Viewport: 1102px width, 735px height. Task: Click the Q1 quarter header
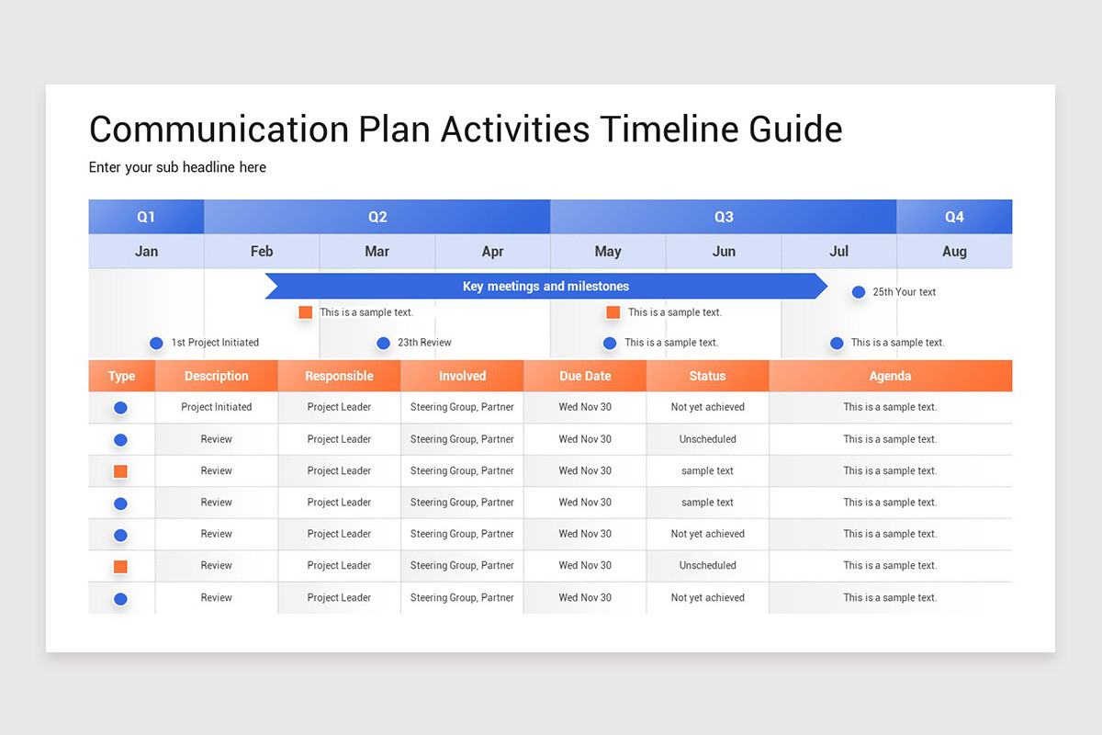point(146,217)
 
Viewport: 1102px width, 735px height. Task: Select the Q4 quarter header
point(954,217)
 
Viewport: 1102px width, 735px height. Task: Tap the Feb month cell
point(262,251)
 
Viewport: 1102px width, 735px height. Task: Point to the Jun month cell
point(724,251)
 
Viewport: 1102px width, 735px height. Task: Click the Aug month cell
point(954,251)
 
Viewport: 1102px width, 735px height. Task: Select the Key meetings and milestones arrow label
point(545,286)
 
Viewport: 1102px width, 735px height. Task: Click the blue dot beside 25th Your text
point(859,292)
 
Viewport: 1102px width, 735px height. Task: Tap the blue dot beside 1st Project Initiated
point(156,343)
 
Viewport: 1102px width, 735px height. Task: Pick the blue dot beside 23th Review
point(383,343)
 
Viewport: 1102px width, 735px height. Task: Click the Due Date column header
point(585,376)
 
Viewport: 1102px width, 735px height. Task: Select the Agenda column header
point(890,376)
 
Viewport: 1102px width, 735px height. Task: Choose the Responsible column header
point(339,376)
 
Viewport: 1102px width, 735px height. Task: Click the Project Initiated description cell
point(216,407)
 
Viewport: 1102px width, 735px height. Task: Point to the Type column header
point(121,376)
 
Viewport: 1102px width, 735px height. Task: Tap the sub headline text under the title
point(177,167)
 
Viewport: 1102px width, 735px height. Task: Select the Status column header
point(707,376)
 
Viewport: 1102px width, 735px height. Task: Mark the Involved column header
point(462,376)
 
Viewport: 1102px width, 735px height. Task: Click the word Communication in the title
point(218,129)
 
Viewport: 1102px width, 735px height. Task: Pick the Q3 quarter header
point(724,217)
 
